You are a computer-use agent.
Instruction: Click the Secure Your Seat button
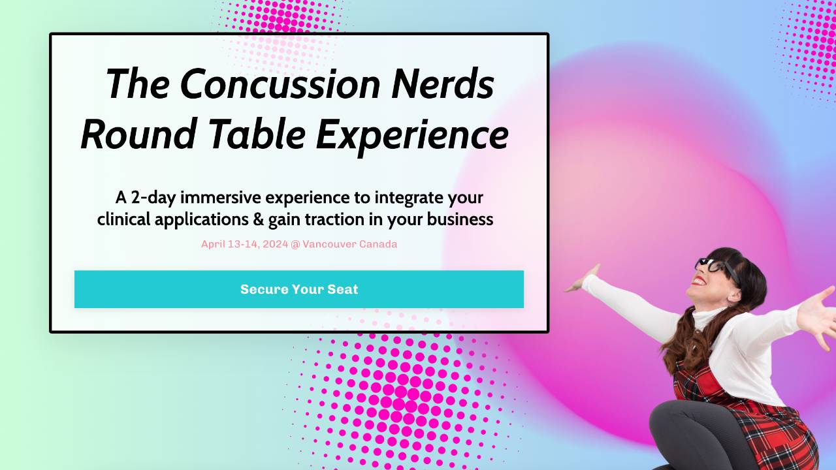(299, 289)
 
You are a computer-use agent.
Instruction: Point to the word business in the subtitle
(460, 220)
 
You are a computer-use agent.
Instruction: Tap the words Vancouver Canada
(349, 244)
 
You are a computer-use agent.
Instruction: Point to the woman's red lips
(699, 281)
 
